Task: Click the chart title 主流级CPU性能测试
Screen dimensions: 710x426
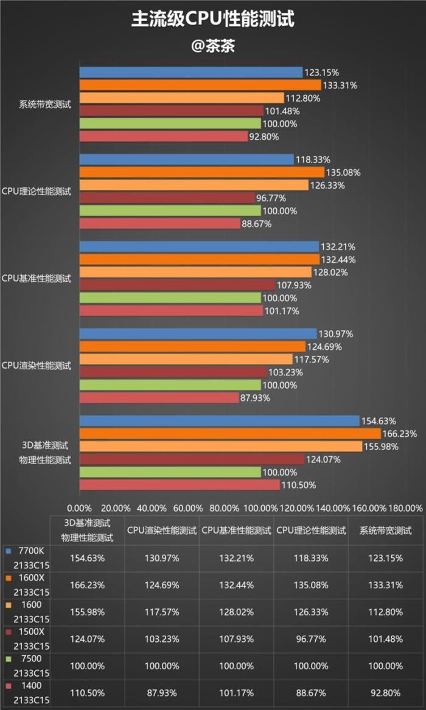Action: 213,19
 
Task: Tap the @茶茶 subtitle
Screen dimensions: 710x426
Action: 213,46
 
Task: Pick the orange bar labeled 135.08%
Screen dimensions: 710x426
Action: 201,172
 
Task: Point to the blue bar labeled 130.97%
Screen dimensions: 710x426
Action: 198,333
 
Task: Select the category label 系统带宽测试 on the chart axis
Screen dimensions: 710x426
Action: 45,105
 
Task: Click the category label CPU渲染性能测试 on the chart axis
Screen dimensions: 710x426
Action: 37,366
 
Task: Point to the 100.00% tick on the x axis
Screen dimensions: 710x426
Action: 260,508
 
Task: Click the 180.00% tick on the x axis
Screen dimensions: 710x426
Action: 405,508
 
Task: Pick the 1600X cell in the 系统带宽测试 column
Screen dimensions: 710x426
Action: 385,585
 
